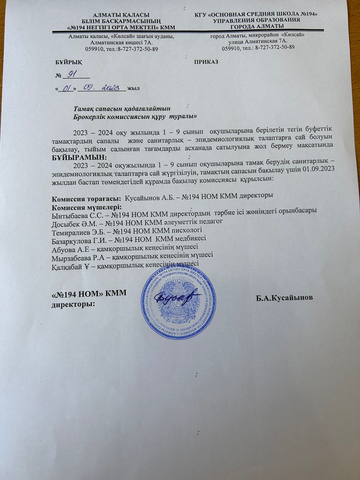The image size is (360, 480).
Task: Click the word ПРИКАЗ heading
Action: click(206, 62)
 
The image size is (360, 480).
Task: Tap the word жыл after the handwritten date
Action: click(133, 88)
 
